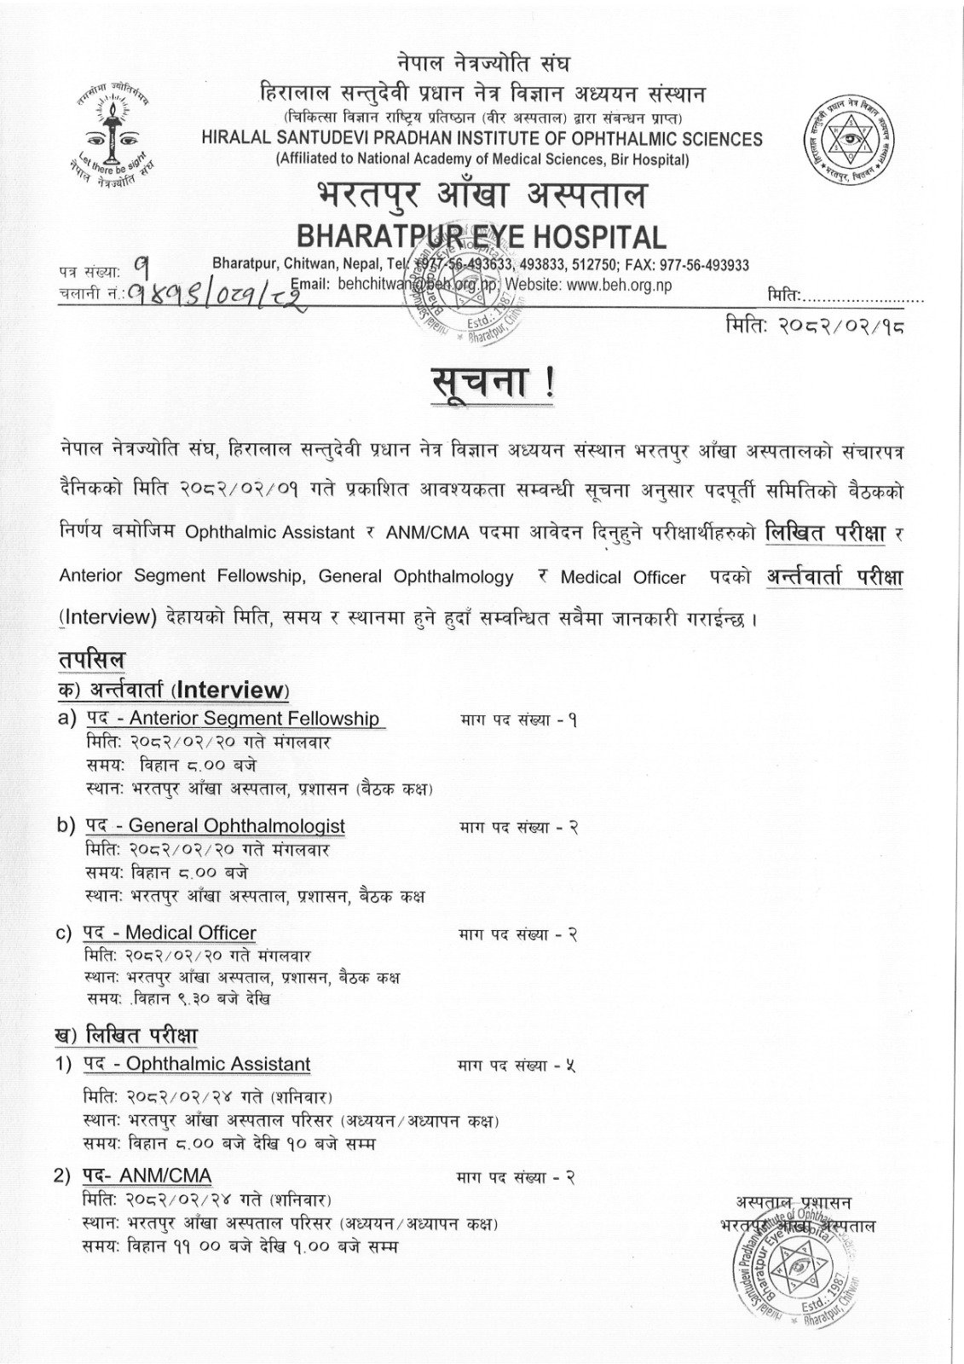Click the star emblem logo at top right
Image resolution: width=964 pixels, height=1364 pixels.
pos(850,137)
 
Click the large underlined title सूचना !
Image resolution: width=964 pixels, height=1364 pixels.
pos(493,381)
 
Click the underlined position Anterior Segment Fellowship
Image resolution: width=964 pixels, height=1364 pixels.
pos(254,718)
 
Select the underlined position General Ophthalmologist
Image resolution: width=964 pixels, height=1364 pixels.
pos(237,825)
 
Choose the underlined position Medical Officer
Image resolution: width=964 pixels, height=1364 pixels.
pos(192,933)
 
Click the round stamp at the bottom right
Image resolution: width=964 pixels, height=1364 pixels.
pos(786,1274)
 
